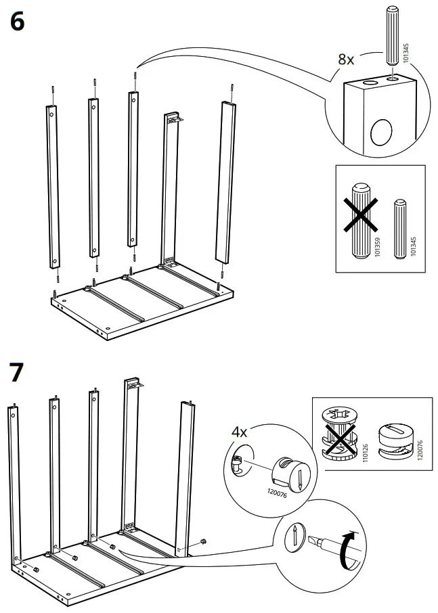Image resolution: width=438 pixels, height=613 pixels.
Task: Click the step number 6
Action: click(x=18, y=22)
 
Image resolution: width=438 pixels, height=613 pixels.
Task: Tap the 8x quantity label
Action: click(x=346, y=60)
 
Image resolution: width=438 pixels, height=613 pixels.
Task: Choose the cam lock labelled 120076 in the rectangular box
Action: click(x=399, y=440)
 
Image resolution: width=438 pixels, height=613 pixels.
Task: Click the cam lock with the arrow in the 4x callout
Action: click(x=291, y=471)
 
